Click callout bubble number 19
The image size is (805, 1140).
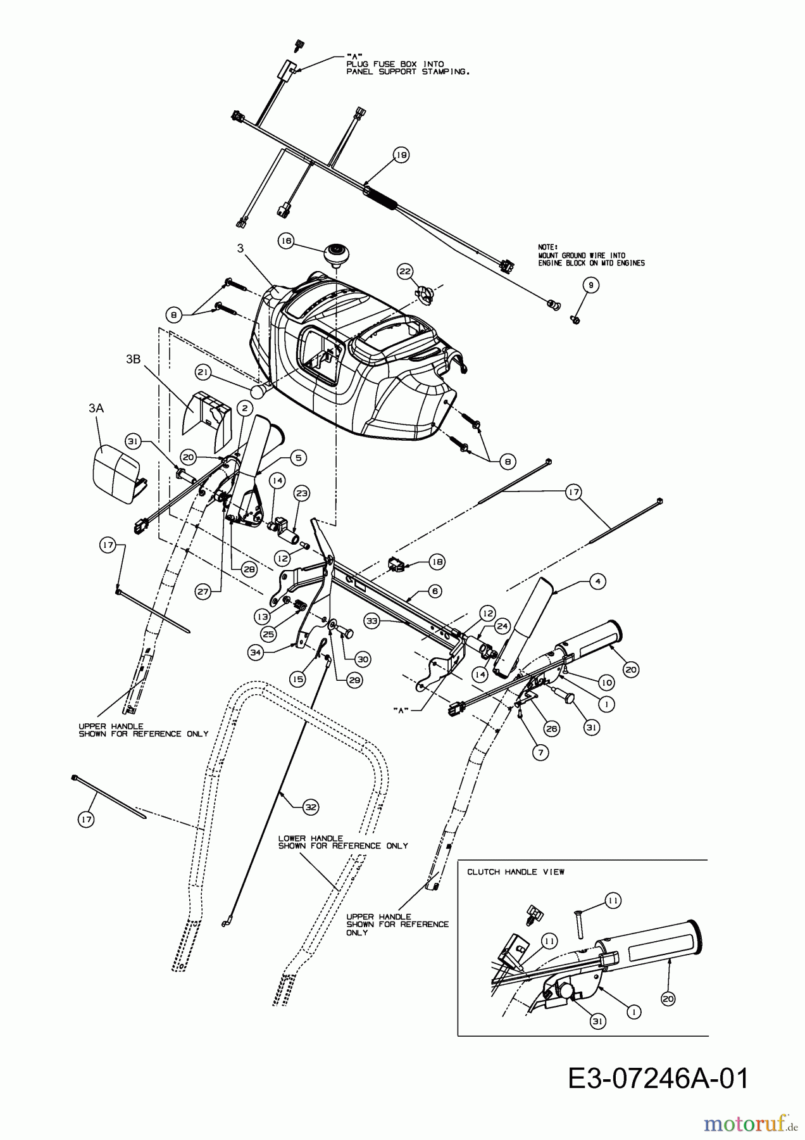(401, 155)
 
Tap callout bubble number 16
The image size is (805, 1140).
(286, 241)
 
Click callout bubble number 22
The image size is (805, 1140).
(404, 271)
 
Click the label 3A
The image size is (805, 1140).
(96, 409)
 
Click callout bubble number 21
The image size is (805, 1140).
(203, 372)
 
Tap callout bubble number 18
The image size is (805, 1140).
(437, 561)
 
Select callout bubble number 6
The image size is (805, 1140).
(434, 590)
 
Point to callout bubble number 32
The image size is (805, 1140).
(310, 807)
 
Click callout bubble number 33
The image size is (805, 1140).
(372, 621)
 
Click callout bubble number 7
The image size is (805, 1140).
(540, 752)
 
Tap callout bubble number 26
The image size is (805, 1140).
(552, 729)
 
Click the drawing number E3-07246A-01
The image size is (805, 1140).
(658, 1079)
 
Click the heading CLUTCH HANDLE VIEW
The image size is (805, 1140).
(516, 872)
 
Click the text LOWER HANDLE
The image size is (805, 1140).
(310, 838)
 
